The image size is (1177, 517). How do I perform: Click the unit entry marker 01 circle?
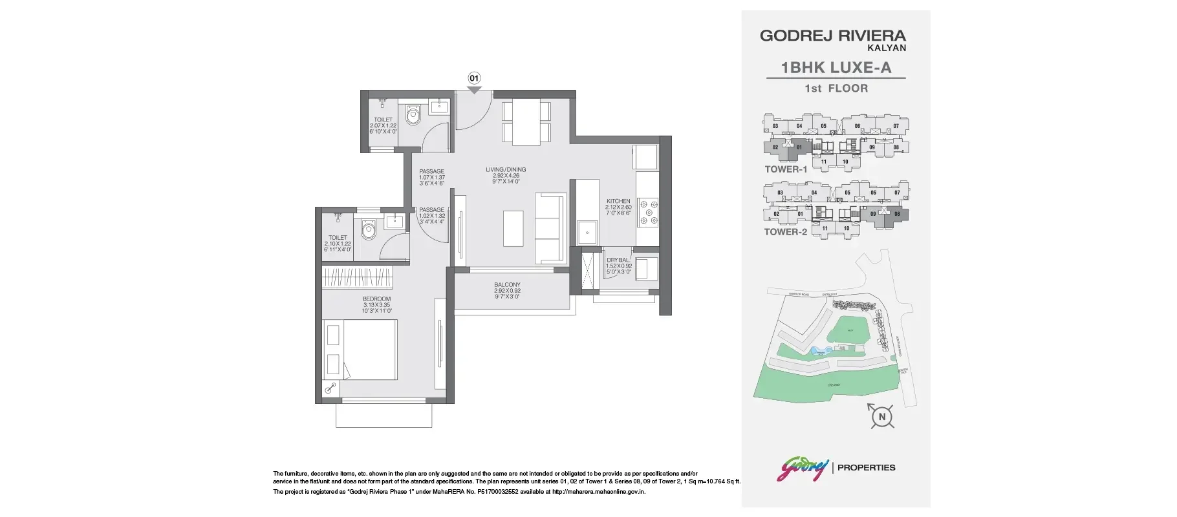pos(474,78)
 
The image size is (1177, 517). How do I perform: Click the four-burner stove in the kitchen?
pos(647,212)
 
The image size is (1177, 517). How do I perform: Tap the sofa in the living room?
pos(550,227)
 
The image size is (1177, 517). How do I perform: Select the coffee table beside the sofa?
pos(513,227)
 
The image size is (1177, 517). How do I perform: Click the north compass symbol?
pos(881,417)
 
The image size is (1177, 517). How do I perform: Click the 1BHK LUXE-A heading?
pos(836,67)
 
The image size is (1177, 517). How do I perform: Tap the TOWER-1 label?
pos(786,169)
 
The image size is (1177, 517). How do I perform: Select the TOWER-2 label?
pos(786,232)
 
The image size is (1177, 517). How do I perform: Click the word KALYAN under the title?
pos(887,48)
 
